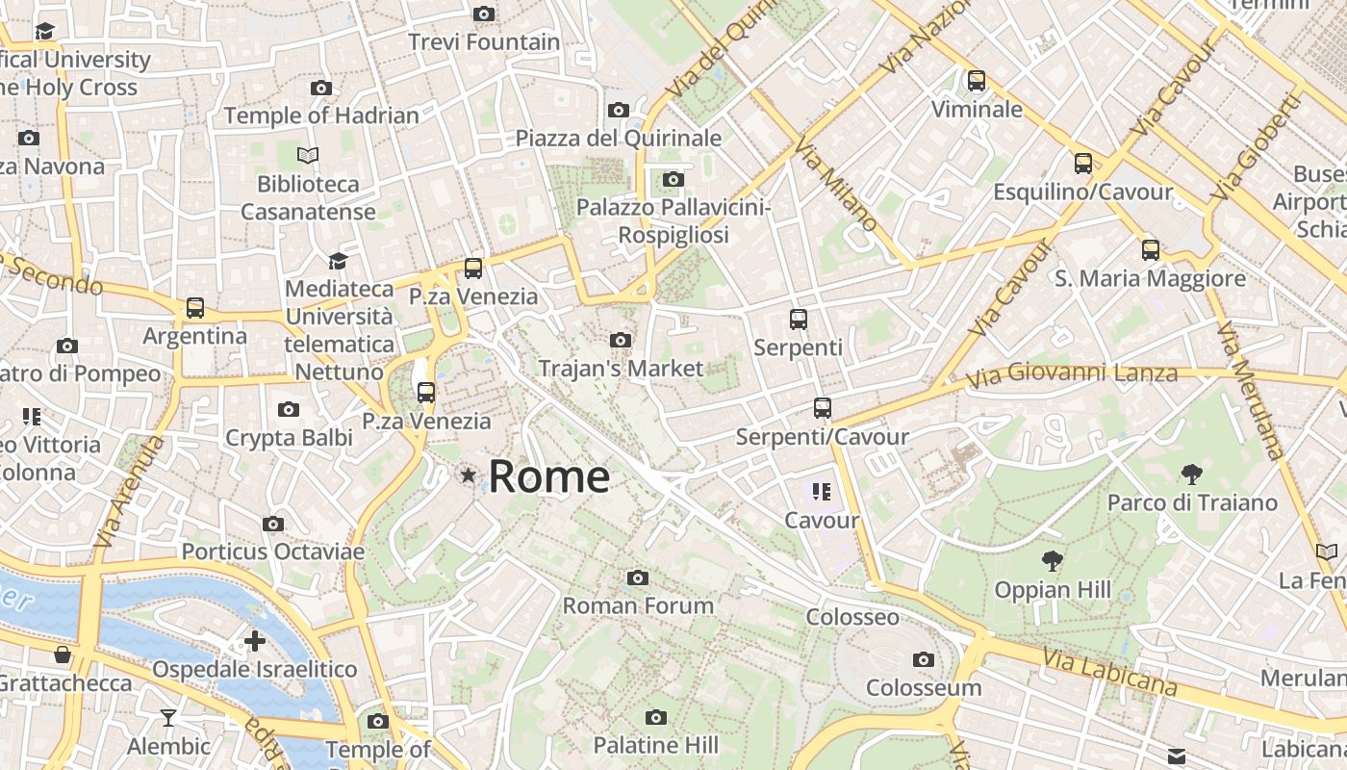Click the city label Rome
click(549, 476)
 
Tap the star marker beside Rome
click(469, 475)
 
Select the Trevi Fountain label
click(484, 42)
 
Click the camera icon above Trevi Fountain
click(484, 13)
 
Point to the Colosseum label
click(924, 687)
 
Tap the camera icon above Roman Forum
click(637, 577)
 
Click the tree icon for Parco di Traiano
click(1191, 475)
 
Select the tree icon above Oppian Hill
click(1053, 561)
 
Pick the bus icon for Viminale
click(977, 81)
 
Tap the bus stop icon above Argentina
click(195, 308)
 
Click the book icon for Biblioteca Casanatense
click(308, 155)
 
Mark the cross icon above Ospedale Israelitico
click(255, 641)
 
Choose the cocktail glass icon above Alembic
click(168, 718)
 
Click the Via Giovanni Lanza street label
click(1072, 373)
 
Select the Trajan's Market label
click(621, 368)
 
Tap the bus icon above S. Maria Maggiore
click(1151, 250)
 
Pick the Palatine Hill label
click(655, 745)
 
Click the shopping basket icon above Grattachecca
click(64, 655)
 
